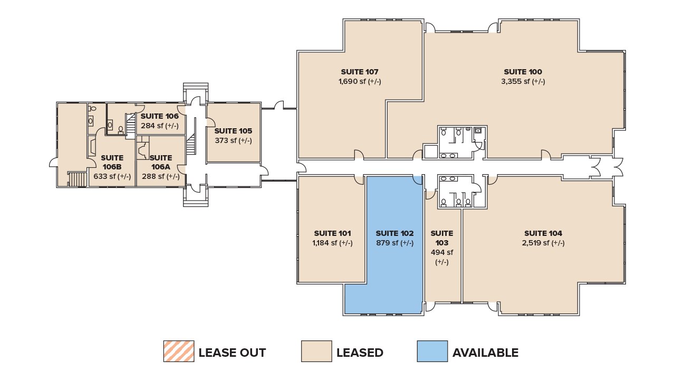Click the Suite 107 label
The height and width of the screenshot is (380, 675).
(360, 72)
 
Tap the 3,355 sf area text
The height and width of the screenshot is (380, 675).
(523, 81)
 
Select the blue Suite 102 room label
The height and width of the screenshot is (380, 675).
(394, 233)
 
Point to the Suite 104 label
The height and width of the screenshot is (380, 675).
(543, 233)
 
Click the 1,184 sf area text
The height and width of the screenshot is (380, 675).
(332, 243)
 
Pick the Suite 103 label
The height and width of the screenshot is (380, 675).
(442, 238)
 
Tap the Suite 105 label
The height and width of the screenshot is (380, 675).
(233, 131)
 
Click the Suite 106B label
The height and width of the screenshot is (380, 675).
(112, 162)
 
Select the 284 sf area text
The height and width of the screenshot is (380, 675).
(160, 126)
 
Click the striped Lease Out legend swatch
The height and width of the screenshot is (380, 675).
(179, 351)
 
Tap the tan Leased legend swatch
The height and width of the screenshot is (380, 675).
(316, 351)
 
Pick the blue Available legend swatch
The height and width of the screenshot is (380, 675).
(432, 351)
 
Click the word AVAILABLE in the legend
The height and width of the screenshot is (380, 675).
(485, 353)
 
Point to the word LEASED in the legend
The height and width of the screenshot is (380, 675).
(360, 353)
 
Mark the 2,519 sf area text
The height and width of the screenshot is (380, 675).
(543, 243)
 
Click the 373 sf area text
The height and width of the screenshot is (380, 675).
(233, 140)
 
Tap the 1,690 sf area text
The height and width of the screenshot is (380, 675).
(360, 81)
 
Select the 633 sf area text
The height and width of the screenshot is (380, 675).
(112, 176)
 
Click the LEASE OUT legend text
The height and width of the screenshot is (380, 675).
(232, 353)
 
